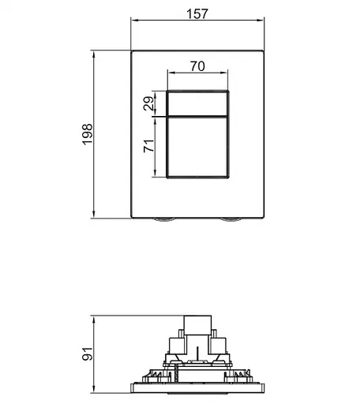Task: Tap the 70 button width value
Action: click(x=198, y=67)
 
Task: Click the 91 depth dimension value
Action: click(x=88, y=353)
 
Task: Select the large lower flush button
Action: click(x=198, y=148)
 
